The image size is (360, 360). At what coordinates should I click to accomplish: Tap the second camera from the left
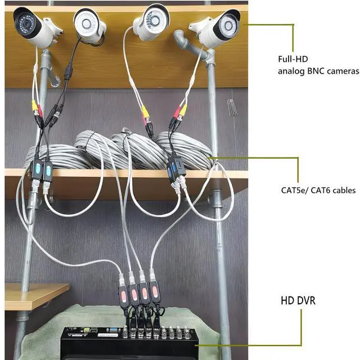point(90,25)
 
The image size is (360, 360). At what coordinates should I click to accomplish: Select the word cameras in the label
point(340,71)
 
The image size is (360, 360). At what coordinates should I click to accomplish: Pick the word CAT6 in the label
point(328,190)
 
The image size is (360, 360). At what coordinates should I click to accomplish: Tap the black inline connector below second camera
point(68,73)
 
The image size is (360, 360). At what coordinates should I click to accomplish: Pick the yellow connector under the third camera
point(146,113)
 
